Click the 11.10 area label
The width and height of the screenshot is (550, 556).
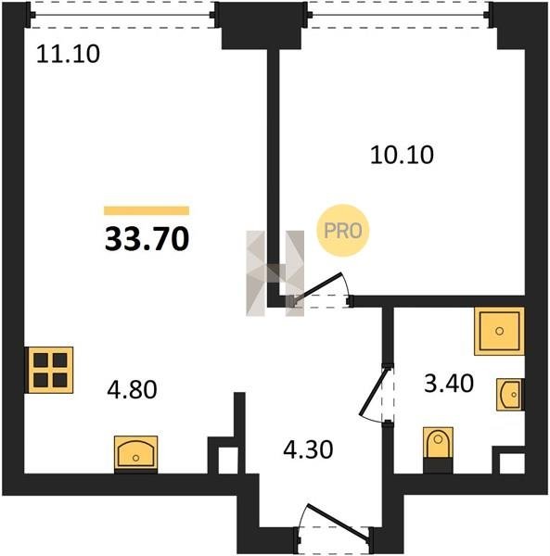(68, 55)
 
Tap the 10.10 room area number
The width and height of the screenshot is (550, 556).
(402, 155)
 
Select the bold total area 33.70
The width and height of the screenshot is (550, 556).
(147, 239)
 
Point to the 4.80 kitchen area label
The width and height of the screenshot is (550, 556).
(132, 389)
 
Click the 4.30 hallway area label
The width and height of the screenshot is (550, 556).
(308, 449)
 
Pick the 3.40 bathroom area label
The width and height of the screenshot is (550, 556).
(449, 384)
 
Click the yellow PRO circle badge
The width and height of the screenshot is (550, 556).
(343, 231)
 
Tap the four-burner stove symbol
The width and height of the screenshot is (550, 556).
(50, 370)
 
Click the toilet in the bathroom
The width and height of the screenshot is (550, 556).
(438, 449)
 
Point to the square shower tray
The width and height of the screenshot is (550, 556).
(499, 331)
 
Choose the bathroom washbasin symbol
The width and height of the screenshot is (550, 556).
(510, 395)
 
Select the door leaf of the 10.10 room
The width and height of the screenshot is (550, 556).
(317, 287)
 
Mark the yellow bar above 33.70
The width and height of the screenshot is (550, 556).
(147, 210)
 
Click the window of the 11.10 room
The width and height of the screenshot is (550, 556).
(122, 15)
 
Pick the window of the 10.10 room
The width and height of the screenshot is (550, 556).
(399, 15)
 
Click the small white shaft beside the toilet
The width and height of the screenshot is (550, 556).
(512, 463)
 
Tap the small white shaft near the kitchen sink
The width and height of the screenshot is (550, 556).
(228, 461)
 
